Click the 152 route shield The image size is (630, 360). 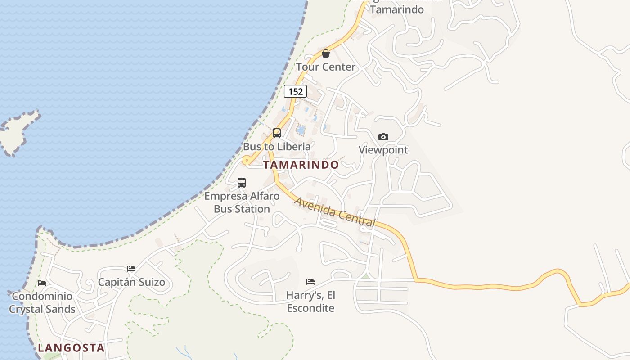coord(295,91)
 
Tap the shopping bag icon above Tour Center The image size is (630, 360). coord(326,54)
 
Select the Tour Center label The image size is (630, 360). coord(326,67)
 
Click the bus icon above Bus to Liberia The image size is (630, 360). coord(277,133)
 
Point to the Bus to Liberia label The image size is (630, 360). coord(277,147)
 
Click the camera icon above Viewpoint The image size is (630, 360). coord(383,137)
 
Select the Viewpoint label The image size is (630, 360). coord(383,150)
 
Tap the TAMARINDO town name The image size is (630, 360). coord(301,165)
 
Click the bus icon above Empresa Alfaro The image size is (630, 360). coord(242,183)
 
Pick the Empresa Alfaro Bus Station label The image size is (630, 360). coord(242,202)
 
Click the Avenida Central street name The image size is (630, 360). coord(335,212)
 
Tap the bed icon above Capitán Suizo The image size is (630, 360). coord(131,269)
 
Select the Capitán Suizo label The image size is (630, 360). coord(131,283)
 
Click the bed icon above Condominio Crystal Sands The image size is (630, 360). coord(42,283)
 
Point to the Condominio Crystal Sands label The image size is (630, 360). coord(42,303)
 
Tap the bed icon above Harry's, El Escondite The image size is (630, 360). coord(310,282)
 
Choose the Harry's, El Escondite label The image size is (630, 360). coord(310,301)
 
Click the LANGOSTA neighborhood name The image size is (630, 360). coord(71,348)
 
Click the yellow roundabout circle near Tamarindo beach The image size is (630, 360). coord(246,160)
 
